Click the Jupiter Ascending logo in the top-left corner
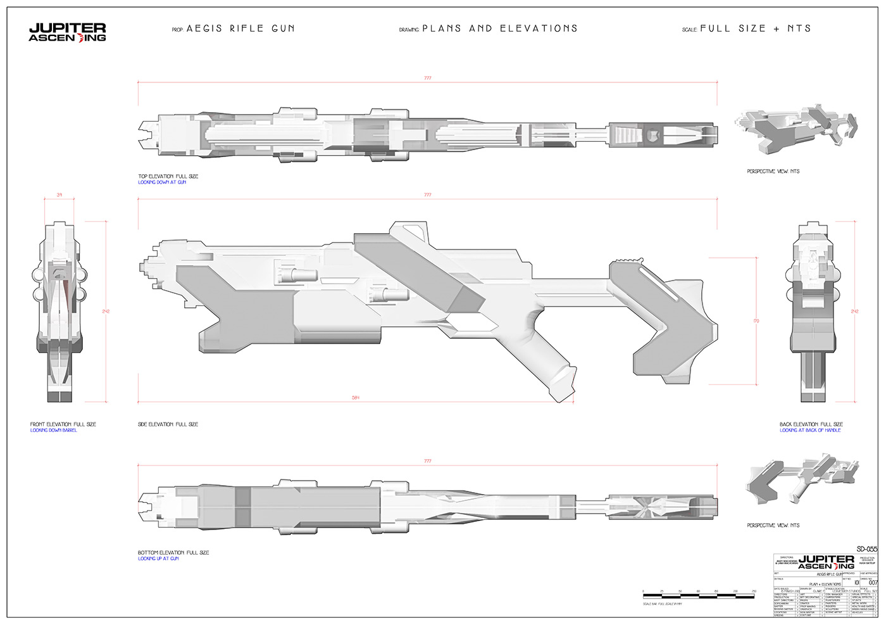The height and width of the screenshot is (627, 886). coord(67,32)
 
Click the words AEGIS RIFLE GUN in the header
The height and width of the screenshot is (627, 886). coord(240,28)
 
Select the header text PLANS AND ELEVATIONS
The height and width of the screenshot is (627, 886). coord(500,28)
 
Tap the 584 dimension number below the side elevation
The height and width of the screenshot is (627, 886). coord(356,398)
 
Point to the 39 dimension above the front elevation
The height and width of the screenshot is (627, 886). coord(59,195)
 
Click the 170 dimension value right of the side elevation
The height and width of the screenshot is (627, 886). coord(756,321)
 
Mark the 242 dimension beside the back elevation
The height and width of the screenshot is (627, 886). coord(855,312)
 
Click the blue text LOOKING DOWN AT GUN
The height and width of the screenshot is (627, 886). coord(162,182)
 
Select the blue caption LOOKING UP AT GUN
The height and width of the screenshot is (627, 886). coord(158,559)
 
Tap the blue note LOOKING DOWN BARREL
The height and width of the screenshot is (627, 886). coord(54,430)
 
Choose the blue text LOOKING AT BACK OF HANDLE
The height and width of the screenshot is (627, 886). coord(810,430)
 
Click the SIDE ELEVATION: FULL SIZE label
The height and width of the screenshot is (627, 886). coord(168,424)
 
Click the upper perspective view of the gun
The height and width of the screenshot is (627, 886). coord(796,132)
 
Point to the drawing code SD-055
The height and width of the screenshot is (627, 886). coord(866,548)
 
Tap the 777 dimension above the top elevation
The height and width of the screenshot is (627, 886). coord(428,79)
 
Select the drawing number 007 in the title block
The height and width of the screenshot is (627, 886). coord(873,582)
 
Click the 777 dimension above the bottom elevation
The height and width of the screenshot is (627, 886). coord(428,461)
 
